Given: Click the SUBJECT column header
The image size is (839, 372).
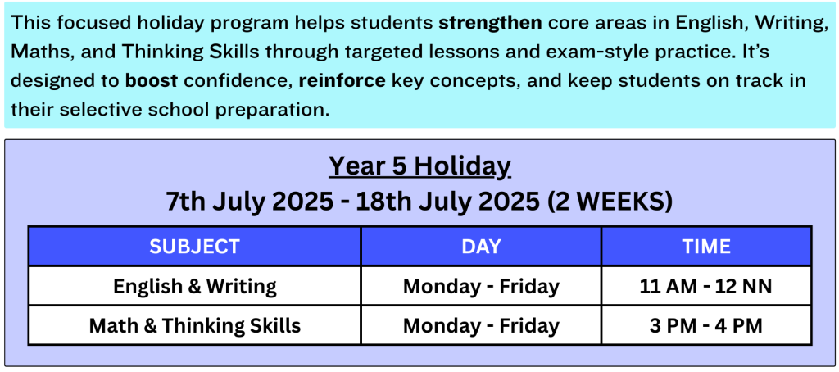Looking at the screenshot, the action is [x=194, y=246].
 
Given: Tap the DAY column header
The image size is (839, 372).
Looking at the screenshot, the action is [x=481, y=246].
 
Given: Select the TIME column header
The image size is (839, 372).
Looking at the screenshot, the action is [x=706, y=246].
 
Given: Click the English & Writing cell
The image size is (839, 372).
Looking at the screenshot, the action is [x=195, y=286].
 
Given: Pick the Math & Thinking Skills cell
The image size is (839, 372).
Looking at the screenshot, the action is [x=195, y=325].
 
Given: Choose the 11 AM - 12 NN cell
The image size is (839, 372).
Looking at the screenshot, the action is [x=706, y=286].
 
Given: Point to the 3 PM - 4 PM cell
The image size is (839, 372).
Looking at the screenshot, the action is [x=706, y=325].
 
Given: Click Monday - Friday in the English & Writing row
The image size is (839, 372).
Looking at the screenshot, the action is [x=481, y=286].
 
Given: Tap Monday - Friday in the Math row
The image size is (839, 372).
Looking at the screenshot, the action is [x=481, y=325].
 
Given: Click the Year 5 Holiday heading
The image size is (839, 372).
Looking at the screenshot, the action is [x=419, y=166].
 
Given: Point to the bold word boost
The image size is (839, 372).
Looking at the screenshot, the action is [x=152, y=81].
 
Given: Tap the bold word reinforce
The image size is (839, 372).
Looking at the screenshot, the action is [x=342, y=81].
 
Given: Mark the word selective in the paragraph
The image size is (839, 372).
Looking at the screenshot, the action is [x=95, y=110].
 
